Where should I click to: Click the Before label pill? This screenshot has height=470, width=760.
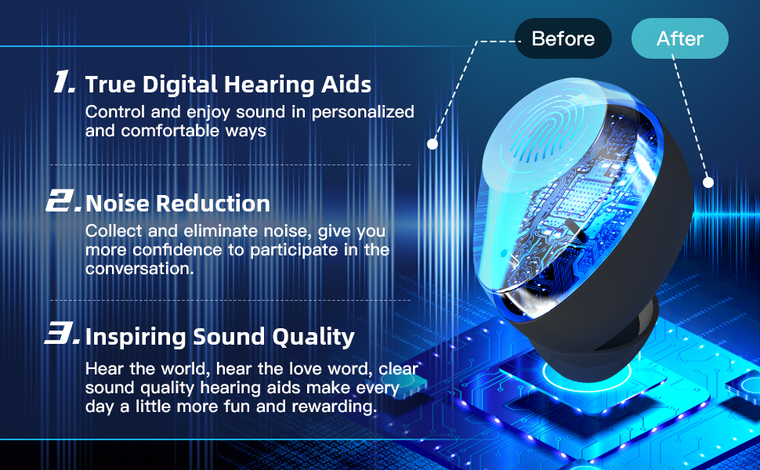(563, 38)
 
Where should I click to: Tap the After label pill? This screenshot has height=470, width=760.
(679, 38)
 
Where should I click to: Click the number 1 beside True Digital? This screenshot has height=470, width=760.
(65, 83)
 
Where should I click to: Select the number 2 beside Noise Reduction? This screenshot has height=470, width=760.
(63, 203)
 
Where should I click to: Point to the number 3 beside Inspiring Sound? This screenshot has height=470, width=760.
(62, 336)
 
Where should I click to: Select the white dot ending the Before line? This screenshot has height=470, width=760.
(432, 144)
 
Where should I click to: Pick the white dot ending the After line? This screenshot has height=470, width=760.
(708, 183)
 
